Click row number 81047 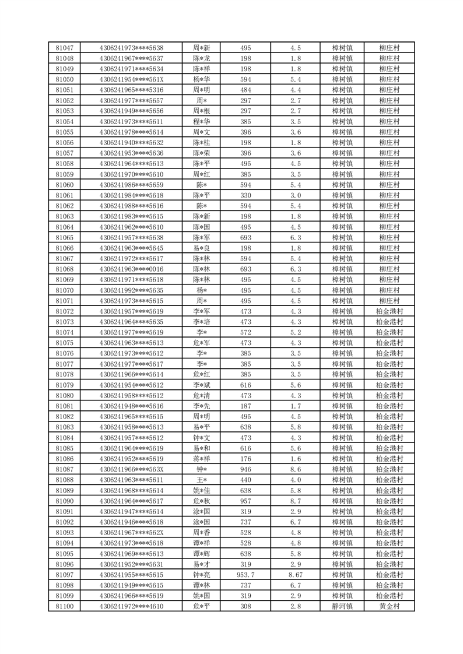[x=65, y=48]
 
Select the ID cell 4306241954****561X [x=131, y=79]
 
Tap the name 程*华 [x=202, y=122]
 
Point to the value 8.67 [x=295, y=575]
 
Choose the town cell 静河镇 [x=342, y=607]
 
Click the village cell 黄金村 [x=389, y=607]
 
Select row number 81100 [x=65, y=607]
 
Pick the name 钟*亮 [x=202, y=575]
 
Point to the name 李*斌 [x=202, y=385]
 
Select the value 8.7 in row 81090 [x=295, y=501]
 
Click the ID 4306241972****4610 [x=131, y=607]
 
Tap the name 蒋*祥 [x=202, y=459]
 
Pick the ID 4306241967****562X [x=131, y=533]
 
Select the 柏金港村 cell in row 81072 [x=389, y=311]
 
